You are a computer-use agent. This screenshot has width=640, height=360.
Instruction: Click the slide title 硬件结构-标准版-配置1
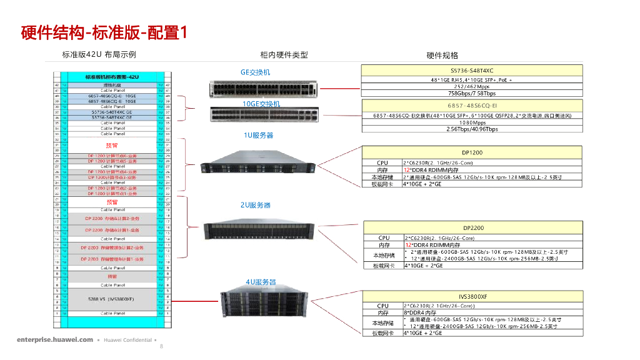point(104,32)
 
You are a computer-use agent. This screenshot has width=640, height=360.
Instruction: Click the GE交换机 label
point(256,72)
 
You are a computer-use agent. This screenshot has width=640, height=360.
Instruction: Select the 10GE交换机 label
point(261,104)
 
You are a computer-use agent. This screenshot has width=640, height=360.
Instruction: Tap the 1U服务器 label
point(258,135)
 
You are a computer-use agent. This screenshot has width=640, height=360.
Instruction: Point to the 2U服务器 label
point(256,205)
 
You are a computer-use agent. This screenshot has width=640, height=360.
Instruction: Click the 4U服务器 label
point(261,282)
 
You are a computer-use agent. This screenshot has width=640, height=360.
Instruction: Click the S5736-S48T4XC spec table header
point(472,71)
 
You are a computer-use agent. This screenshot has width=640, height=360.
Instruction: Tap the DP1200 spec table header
point(472,152)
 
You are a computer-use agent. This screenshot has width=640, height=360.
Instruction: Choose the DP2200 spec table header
point(473,228)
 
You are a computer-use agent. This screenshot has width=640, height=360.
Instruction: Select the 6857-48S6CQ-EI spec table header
point(472,105)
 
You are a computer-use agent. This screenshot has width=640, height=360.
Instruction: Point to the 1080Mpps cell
point(472,122)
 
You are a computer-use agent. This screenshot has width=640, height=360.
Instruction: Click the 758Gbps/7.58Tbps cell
point(472,93)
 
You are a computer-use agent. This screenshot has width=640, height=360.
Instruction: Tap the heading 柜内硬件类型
point(284,55)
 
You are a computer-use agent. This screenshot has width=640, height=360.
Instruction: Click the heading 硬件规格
point(442,56)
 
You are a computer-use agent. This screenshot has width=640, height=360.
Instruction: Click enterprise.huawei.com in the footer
point(55,340)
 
